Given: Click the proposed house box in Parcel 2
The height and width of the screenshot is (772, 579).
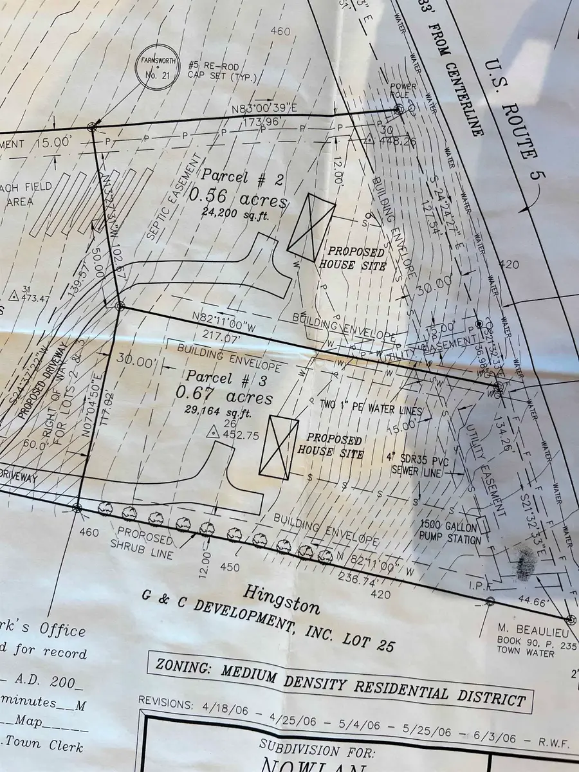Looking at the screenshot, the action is (x=311, y=228).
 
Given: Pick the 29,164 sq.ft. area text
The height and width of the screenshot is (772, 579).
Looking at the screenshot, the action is (x=219, y=412).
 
